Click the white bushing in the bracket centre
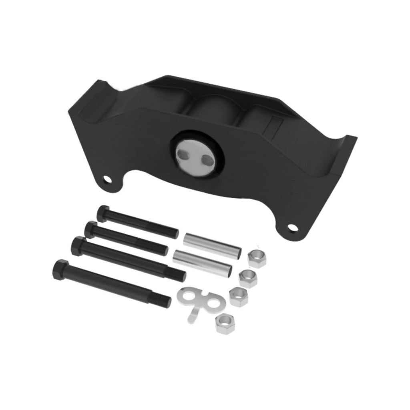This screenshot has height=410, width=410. tap(196, 155)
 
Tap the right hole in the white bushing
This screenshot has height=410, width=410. tap(207, 160)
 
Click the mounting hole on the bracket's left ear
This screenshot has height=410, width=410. tap(107, 179)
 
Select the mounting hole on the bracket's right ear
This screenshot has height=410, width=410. tap(293, 228)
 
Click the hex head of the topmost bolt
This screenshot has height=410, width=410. tap(103, 213)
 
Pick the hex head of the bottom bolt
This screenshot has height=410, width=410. tap(60, 269)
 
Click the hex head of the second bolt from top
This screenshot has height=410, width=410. tap(91, 229)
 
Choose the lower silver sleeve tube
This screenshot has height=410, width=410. tap(203, 262)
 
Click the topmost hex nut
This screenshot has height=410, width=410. tap(257, 259)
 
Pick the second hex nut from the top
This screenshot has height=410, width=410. tap(248, 278)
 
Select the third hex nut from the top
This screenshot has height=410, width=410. tap(239, 297)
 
